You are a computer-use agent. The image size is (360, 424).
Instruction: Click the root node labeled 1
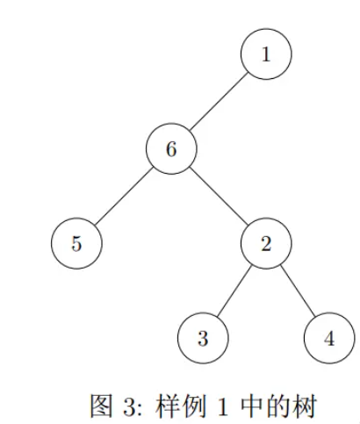point(266,54)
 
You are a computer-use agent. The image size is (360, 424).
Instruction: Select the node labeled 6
point(171,148)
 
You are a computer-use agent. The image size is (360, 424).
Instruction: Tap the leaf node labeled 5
point(76,243)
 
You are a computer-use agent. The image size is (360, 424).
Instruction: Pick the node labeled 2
point(266,243)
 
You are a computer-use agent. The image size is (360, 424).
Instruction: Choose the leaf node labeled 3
point(203,338)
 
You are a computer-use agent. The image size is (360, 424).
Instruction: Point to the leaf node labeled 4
point(329,338)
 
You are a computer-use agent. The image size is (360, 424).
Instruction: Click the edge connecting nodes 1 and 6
point(219,101)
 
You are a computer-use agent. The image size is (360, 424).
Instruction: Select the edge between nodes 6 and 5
point(124,196)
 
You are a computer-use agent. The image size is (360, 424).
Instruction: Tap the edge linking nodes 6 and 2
point(219,196)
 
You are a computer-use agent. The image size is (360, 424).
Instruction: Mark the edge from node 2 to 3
point(234,291)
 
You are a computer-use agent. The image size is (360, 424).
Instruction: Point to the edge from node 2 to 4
point(298,291)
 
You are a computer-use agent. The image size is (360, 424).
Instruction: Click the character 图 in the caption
point(101,406)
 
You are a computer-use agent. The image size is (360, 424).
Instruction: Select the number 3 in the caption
point(130,406)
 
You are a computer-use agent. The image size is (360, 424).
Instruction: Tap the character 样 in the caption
point(168,406)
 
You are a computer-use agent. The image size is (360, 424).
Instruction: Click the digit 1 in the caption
point(223,406)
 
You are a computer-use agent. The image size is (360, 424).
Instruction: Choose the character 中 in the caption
point(252,406)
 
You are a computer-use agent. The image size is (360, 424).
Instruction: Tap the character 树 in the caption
point(305,406)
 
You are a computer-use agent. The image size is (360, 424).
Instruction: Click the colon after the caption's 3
point(140,410)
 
